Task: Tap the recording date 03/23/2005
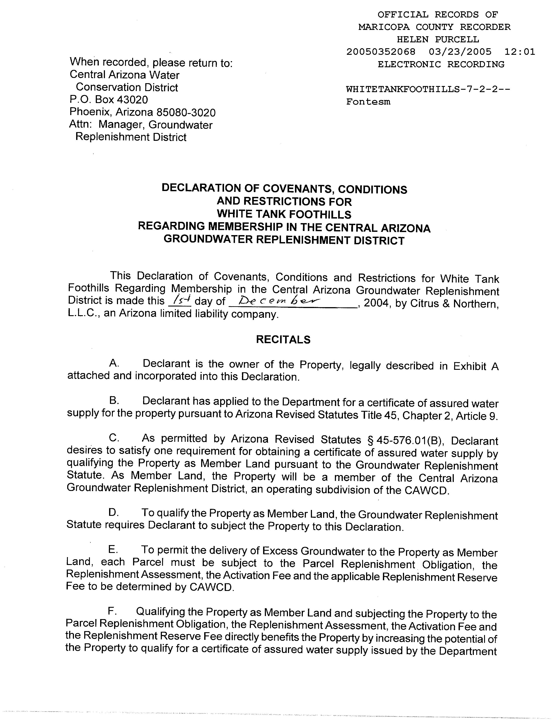[x=460, y=52]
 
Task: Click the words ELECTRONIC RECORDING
[x=441, y=64]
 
